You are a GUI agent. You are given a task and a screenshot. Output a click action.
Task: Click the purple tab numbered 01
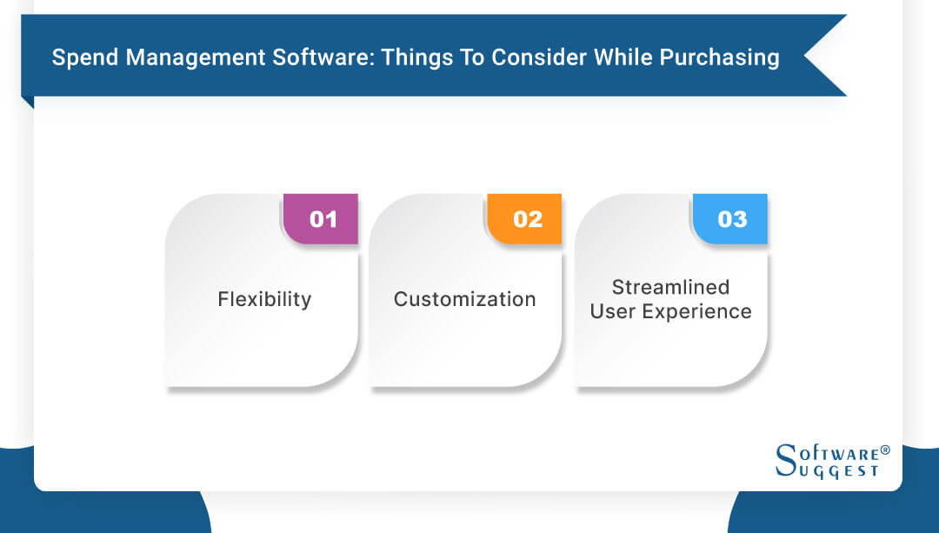[x=323, y=219]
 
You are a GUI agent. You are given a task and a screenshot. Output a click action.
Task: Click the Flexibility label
[x=264, y=299]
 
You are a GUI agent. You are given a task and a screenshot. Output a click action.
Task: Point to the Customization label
[x=464, y=299]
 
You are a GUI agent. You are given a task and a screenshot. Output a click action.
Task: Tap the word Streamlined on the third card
[x=670, y=287]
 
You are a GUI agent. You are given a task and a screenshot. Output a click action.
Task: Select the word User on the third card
[x=614, y=311]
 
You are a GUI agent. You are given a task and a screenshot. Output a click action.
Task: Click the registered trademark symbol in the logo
[x=885, y=450]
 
